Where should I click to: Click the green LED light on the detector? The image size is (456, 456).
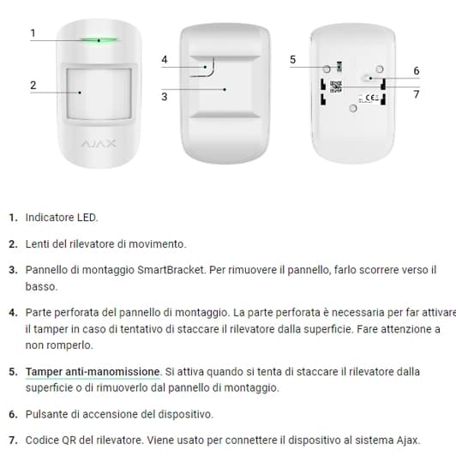click(99, 39)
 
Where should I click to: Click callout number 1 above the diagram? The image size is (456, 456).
click(32, 33)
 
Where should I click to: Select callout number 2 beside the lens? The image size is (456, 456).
click(32, 85)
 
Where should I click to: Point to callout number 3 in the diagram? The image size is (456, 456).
click(164, 97)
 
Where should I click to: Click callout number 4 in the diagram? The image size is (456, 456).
click(164, 59)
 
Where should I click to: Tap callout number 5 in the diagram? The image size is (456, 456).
click(292, 59)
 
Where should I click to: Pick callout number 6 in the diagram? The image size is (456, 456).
click(416, 70)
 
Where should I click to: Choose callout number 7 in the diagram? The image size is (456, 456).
click(416, 93)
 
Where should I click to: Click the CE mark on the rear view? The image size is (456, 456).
click(372, 99)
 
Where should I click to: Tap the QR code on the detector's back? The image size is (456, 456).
click(336, 86)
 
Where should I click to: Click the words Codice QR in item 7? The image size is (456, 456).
click(52, 440)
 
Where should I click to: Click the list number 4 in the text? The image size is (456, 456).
click(13, 312)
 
